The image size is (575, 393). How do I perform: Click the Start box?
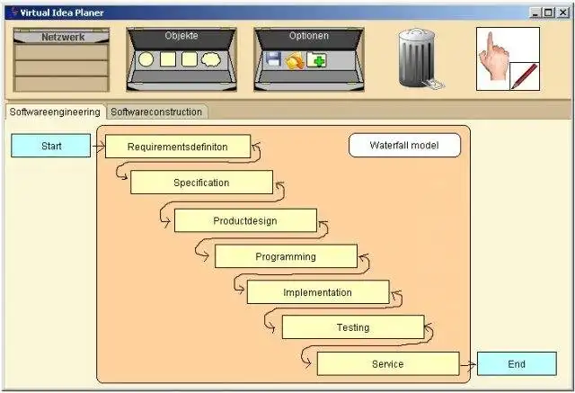(x=51, y=146)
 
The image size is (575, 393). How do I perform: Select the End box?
(x=516, y=364)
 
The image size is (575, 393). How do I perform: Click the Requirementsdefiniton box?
(x=178, y=147)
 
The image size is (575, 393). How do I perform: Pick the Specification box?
(x=201, y=183)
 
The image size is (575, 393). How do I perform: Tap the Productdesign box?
(x=245, y=220)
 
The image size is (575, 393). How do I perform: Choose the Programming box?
(x=286, y=256)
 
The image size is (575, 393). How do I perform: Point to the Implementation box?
(x=318, y=292)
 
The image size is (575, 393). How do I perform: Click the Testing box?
(x=352, y=327)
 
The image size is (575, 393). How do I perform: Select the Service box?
(x=387, y=364)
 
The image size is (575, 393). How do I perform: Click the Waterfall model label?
(x=405, y=145)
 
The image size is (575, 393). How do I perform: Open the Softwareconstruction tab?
(x=157, y=112)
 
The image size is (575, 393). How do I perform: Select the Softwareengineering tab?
(x=55, y=112)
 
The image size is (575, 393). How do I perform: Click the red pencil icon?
(x=525, y=76)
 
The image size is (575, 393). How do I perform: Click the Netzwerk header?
(x=62, y=38)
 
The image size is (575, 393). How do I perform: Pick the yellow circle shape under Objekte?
(x=146, y=60)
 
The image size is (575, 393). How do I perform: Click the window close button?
(x=563, y=13)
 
